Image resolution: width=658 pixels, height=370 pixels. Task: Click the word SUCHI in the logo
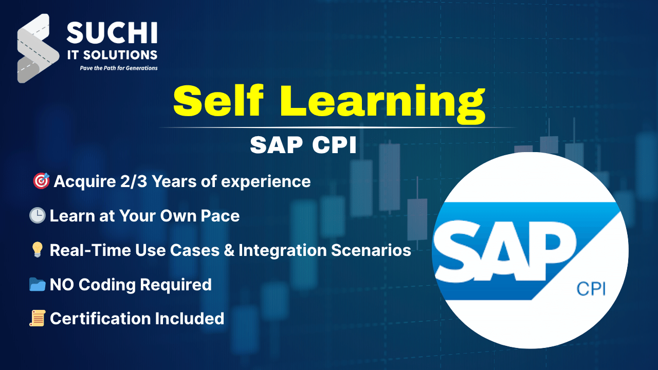pyautogui.click(x=112, y=32)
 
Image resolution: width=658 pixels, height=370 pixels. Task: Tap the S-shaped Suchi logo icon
pyautogui.click(x=38, y=48)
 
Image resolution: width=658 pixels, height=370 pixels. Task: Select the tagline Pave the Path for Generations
pyautogui.click(x=119, y=68)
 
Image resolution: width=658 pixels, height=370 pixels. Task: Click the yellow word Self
pyautogui.click(x=219, y=101)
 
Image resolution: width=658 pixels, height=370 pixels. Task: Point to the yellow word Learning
pyautogui.click(x=382, y=104)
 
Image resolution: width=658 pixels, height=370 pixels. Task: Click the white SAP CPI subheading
pyautogui.click(x=303, y=145)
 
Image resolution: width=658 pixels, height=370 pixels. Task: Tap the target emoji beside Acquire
pyautogui.click(x=41, y=180)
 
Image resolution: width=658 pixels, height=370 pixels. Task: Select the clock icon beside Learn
pyautogui.click(x=38, y=215)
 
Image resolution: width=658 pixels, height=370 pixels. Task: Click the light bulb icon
pyautogui.click(x=38, y=250)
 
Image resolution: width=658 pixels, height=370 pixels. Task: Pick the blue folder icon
pyautogui.click(x=38, y=284)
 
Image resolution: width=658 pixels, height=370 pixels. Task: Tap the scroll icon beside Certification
pyautogui.click(x=38, y=318)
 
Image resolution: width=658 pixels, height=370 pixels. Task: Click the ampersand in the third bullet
pyautogui.click(x=229, y=250)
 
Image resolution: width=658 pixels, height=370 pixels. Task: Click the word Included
pyautogui.click(x=190, y=319)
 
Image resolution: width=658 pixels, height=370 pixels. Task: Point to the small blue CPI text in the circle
pyautogui.click(x=591, y=289)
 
